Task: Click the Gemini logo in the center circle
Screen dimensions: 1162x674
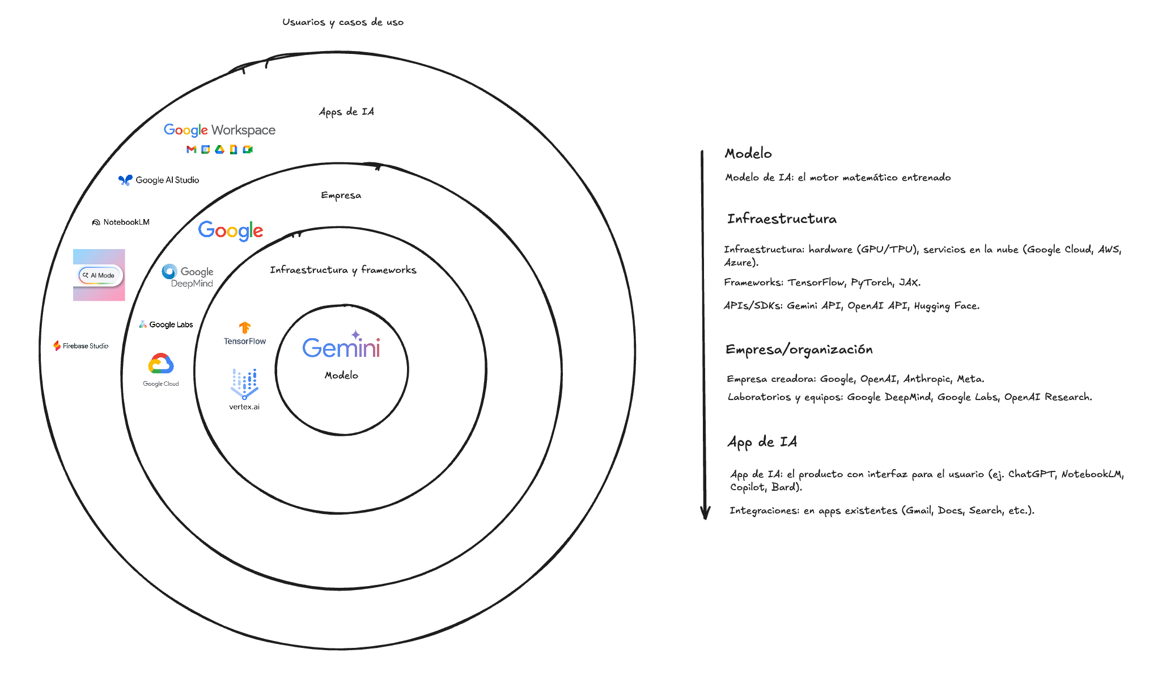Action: (x=341, y=346)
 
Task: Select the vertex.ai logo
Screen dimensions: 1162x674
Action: (x=244, y=389)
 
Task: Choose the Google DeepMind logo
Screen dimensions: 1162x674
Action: (x=188, y=276)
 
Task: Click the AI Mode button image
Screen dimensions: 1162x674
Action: (x=99, y=275)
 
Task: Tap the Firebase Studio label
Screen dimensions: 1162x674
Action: (x=81, y=346)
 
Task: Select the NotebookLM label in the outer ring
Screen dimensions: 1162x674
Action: (x=121, y=222)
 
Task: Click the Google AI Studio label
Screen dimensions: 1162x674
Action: (x=159, y=180)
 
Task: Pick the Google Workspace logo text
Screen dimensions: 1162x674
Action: (x=219, y=130)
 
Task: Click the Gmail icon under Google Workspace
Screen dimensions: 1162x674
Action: (x=191, y=149)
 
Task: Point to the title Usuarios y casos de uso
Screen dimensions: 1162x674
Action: (x=343, y=22)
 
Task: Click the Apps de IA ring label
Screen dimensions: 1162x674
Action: (x=346, y=112)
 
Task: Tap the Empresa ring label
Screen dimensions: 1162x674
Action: (x=341, y=195)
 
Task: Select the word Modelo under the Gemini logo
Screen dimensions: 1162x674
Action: (x=341, y=375)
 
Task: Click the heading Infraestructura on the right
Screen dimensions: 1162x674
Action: (x=782, y=219)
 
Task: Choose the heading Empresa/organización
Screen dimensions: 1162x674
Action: (x=799, y=349)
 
